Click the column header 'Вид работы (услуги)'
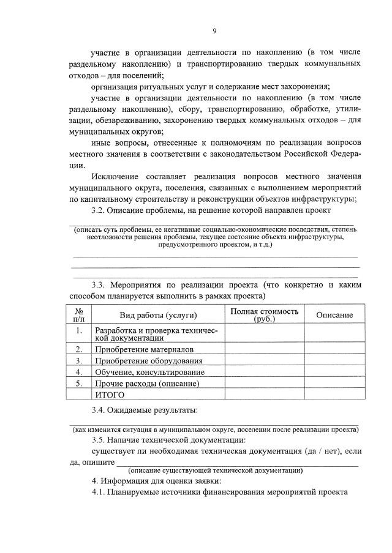pos(157,315)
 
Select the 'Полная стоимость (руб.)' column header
pos(265,315)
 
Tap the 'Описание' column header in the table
pos(334,315)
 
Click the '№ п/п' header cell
pos(79,315)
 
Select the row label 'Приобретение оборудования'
pos(148,361)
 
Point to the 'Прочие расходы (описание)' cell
pos(147,384)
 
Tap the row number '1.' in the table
pos(79,331)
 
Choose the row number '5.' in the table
pos(79,384)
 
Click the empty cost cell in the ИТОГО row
pos(265,395)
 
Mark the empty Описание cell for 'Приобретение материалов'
pos(334,349)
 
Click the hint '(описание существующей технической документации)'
pos(215,470)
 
